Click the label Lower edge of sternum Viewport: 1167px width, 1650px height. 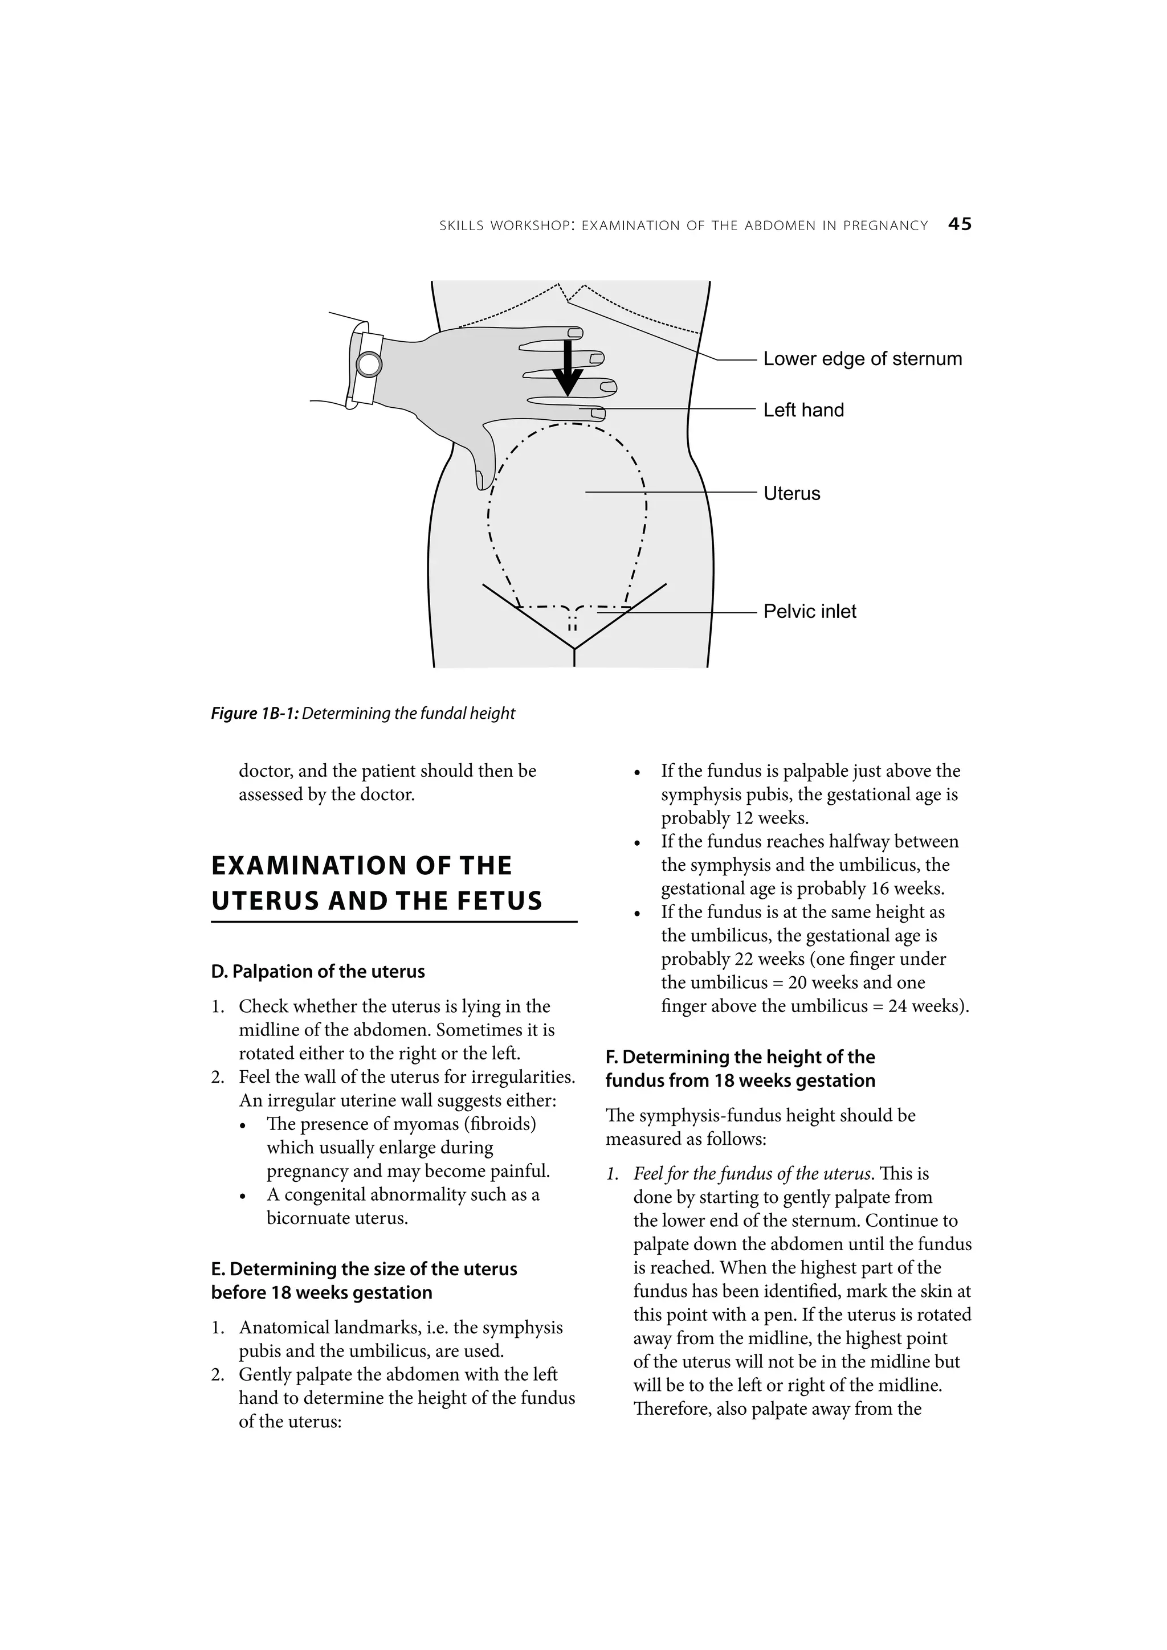point(862,359)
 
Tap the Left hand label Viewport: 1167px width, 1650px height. point(803,410)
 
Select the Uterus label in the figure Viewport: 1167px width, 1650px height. point(791,494)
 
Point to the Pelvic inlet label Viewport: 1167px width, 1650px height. point(810,612)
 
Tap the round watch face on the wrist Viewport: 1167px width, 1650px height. point(369,365)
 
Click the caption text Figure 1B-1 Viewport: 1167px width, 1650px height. point(255,714)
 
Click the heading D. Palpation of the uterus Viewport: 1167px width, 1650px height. point(318,972)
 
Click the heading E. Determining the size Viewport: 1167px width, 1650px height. point(364,1269)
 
